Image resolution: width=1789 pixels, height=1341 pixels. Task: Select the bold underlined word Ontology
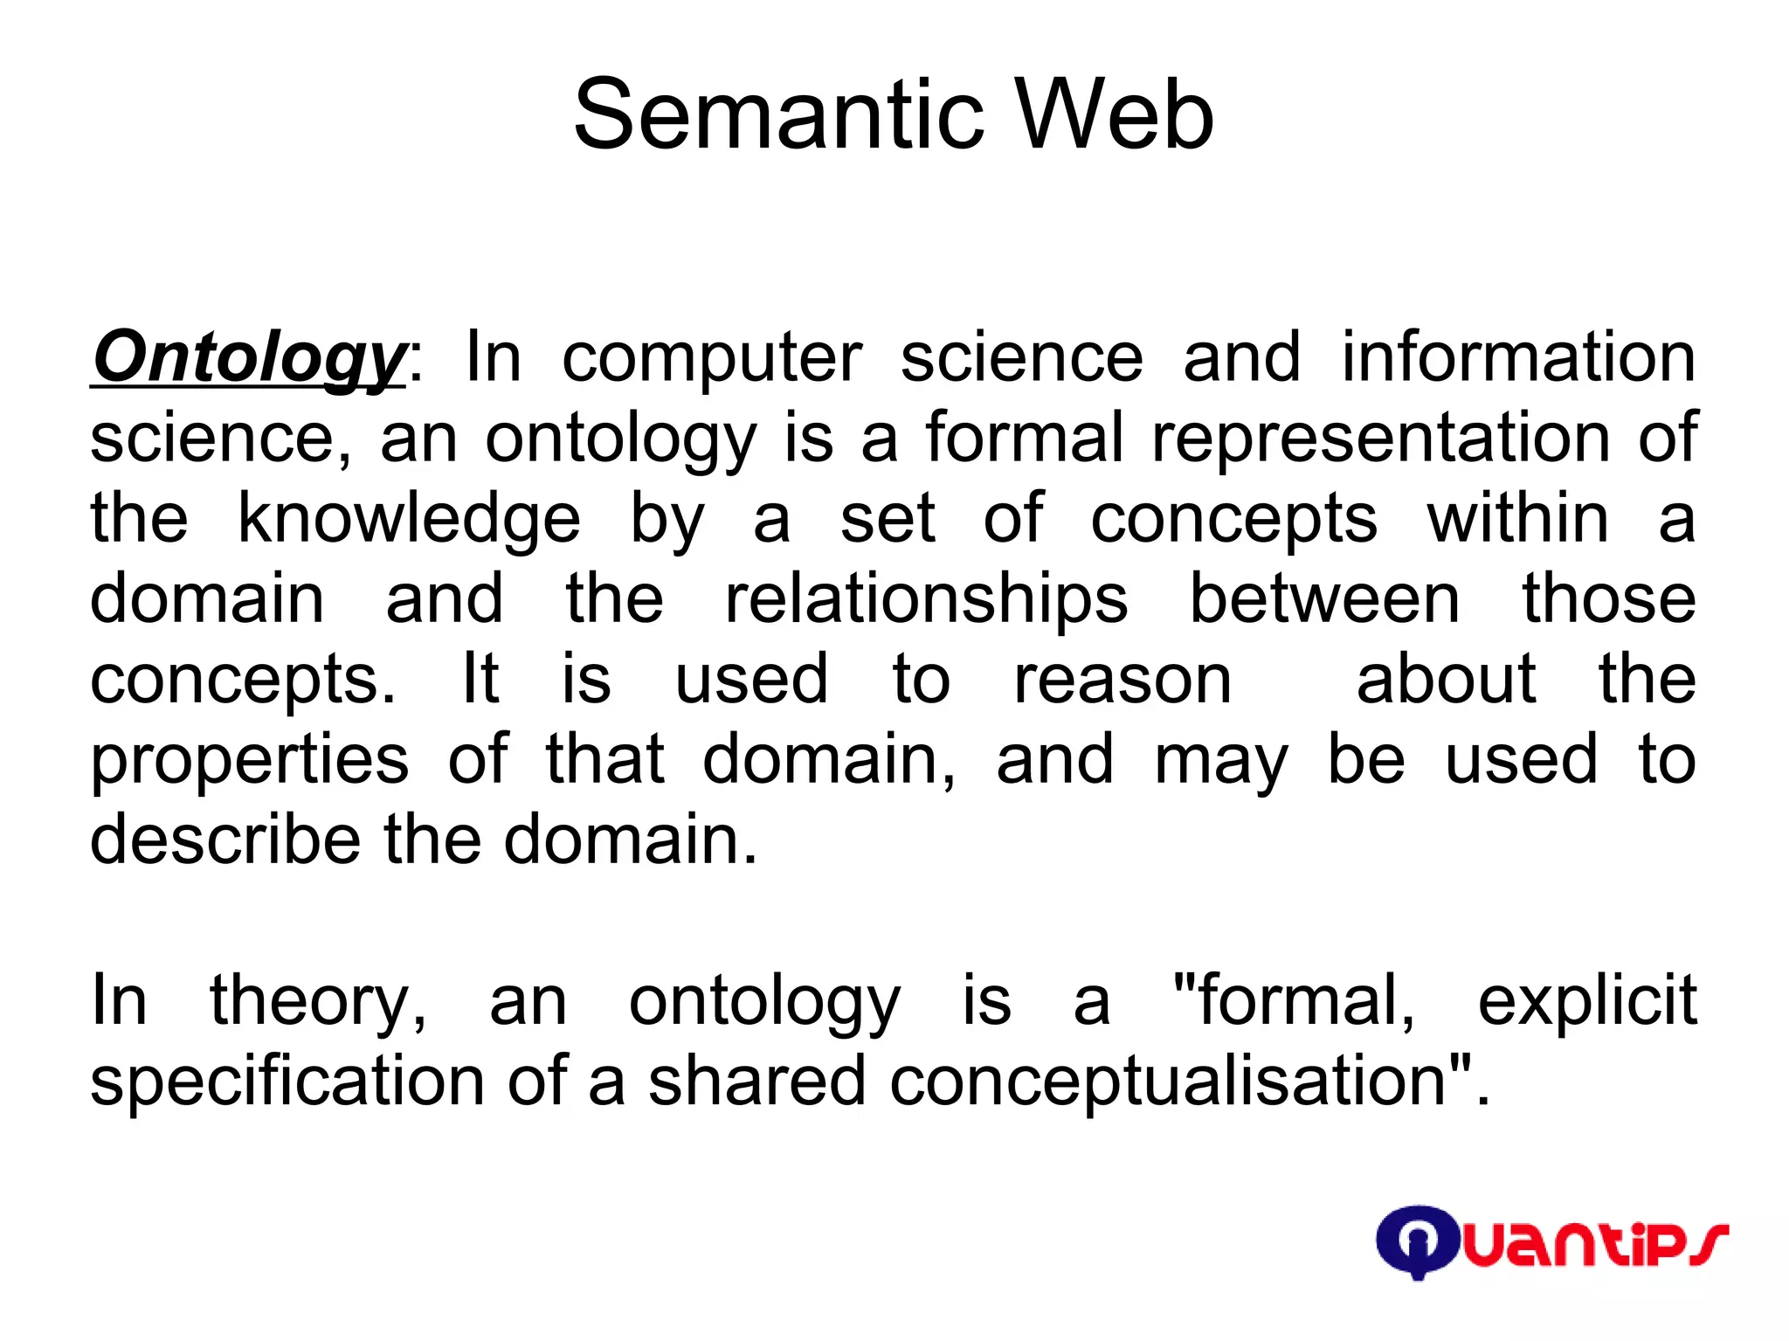[248, 357]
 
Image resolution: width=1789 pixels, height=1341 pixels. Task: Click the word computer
[711, 359]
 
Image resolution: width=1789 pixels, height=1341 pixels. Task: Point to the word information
[1518, 357]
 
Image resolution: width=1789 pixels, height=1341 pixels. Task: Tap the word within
[1517, 518]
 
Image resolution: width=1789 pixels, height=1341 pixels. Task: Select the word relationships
[926, 601]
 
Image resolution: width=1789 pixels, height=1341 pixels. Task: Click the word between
[1324, 599]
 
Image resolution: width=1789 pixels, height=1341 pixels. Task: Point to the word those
[1609, 599]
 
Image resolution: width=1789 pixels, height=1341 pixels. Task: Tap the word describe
[225, 840]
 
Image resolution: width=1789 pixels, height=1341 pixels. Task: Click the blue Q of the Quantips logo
[1416, 1241]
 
